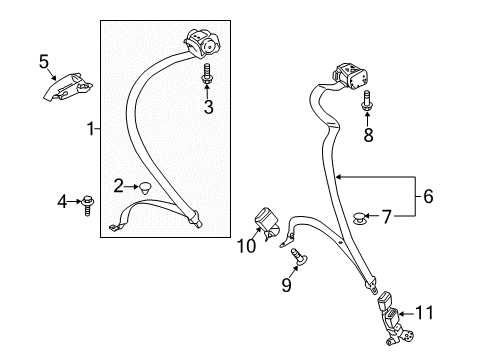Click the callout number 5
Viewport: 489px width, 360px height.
point(44,62)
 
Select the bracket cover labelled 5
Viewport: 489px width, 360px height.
point(67,87)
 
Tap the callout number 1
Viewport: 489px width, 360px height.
point(91,129)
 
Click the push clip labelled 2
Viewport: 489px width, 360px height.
point(145,188)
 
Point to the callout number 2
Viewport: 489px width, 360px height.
point(118,186)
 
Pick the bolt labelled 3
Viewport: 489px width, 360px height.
point(206,74)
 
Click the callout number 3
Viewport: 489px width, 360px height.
point(208,107)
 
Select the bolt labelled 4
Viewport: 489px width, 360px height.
point(87,205)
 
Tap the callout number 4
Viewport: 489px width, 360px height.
point(62,202)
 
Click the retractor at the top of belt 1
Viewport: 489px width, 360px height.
point(202,44)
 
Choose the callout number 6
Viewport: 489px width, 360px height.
point(428,196)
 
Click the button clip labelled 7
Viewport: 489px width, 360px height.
point(359,218)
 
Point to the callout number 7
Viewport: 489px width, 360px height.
point(386,217)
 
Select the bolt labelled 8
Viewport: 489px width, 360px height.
point(367,101)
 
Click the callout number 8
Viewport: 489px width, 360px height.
point(368,135)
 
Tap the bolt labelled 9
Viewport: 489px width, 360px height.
point(299,257)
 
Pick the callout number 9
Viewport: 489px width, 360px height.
point(286,285)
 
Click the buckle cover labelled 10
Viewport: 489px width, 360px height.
point(267,223)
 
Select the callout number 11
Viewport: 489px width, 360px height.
point(424,313)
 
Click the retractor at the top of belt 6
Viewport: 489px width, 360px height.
point(349,76)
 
